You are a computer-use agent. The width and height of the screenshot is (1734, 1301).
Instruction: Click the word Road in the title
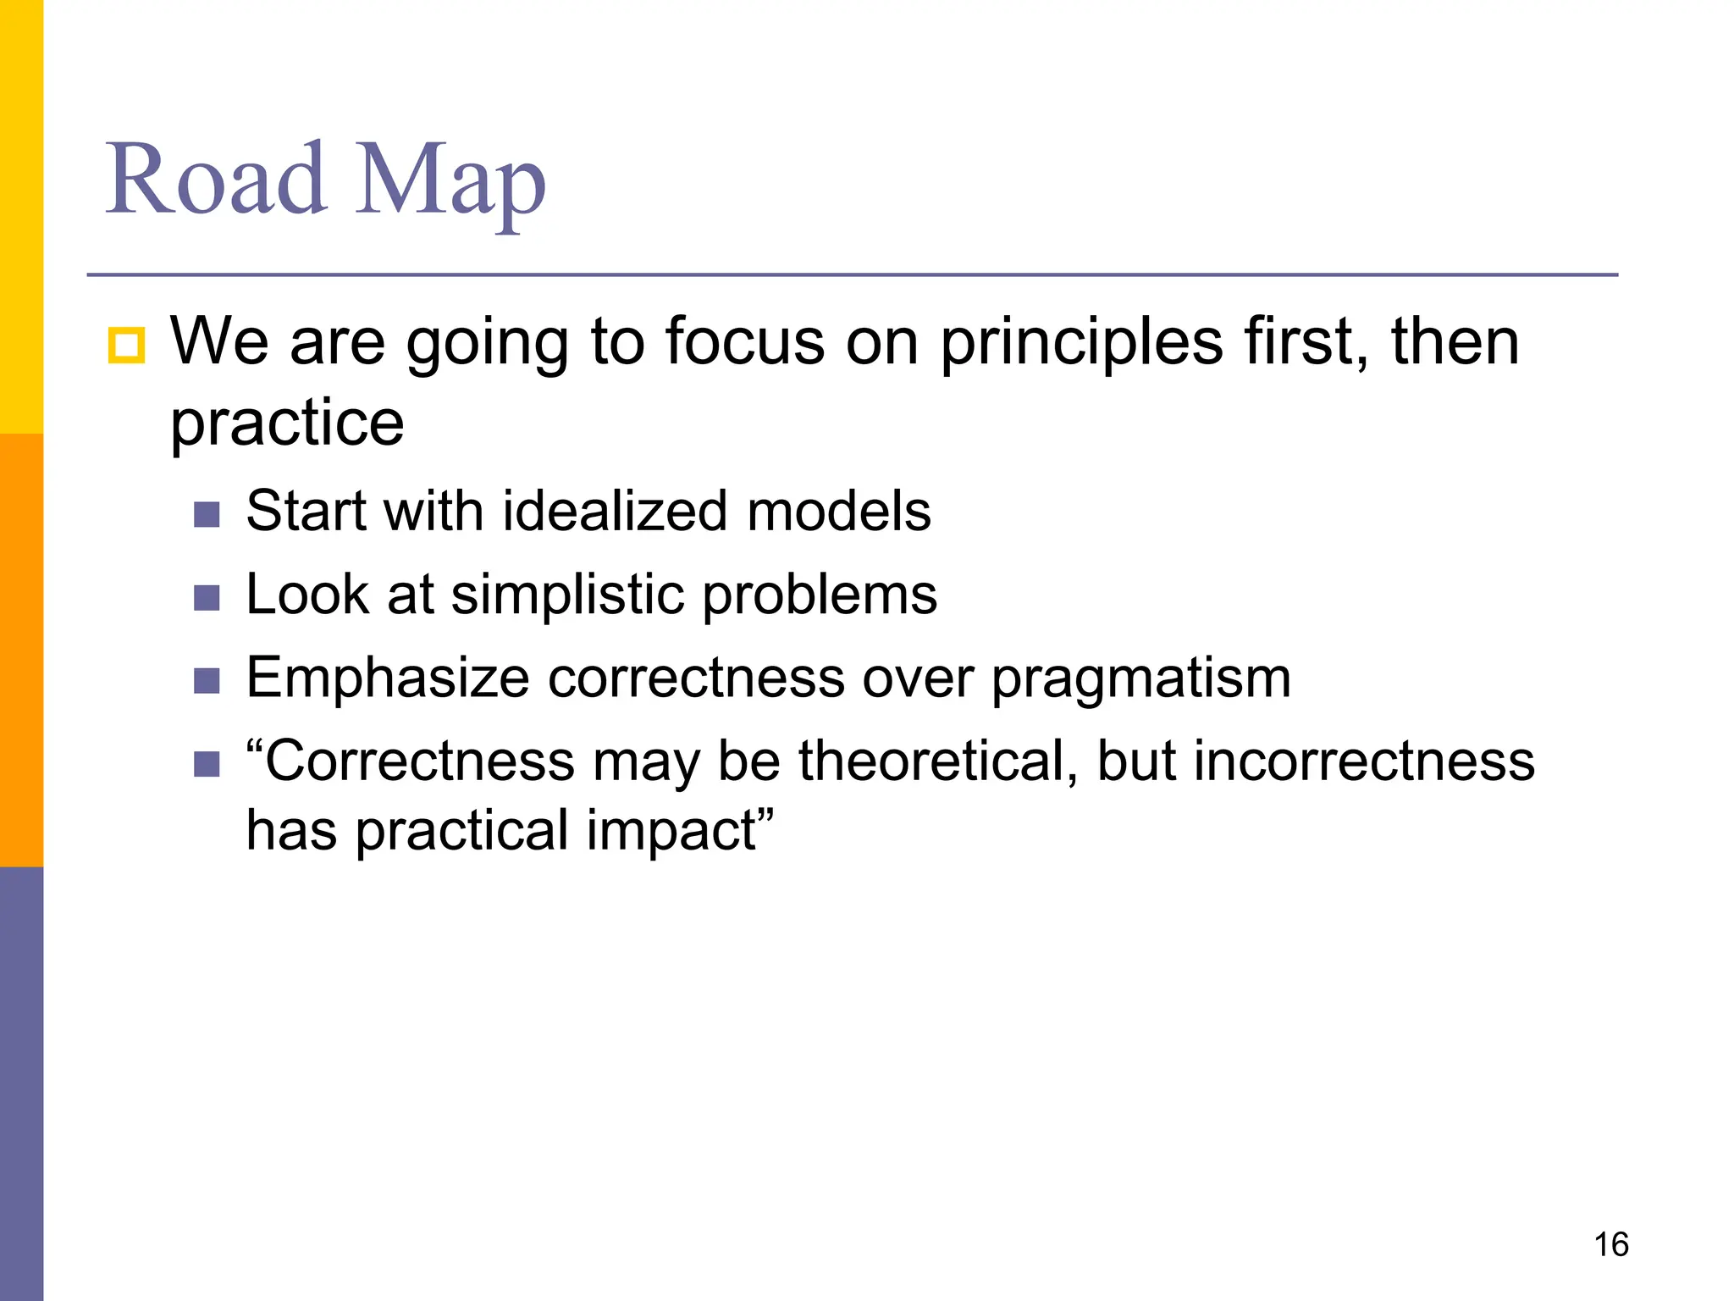pyautogui.click(x=216, y=180)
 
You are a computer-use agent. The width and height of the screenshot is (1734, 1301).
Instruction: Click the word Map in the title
pyautogui.click(x=450, y=182)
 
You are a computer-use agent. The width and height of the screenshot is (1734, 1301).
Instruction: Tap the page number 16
pyautogui.click(x=1610, y=1244)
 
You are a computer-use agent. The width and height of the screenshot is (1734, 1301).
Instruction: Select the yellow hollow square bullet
pyautogui.click(x=126, y=346)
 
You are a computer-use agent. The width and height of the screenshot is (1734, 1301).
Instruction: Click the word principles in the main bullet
pyautogui.click(x=1082, y=344)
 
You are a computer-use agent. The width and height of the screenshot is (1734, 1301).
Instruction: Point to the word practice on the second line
pyautogui.click(x=287, y=424)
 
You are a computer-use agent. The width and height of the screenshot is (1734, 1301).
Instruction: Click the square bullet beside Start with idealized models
pyautogui.click(x=207, y=514)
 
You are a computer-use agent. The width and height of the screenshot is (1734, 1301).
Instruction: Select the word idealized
pyautogui.click(x=615, y=512)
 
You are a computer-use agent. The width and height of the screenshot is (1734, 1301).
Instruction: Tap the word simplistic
pyautogui.click(x=568, y=595)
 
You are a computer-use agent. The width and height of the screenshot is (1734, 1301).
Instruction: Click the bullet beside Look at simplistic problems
pyautogui.click(x=207, y=598)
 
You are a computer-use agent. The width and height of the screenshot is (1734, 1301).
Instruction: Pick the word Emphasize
pyautogui.click(x=388, y=678)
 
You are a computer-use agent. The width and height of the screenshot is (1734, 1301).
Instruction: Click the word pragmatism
pyautogui.click(x=1140, y=680)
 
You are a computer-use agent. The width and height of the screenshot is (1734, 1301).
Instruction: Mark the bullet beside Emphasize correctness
pyautogui.click(x=207, y=680)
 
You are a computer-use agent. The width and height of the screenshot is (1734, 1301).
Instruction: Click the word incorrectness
pyautogui.click(x=1363, y=761)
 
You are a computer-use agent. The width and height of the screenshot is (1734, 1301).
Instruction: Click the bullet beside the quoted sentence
pyautogui.click(x=207, y=764)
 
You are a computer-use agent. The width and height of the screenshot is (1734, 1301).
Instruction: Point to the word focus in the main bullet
pyautogui.click(x=743, y=342)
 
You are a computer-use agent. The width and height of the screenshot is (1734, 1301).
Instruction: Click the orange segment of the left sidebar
pyautogui.click(x=21, y=650)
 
